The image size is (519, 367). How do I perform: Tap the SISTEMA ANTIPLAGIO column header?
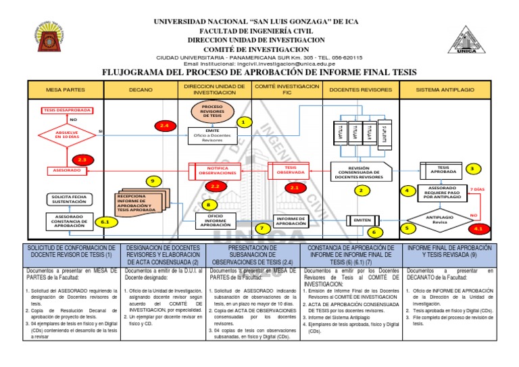(x=444, y=89)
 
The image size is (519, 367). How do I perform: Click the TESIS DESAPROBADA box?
(x=67, y=109)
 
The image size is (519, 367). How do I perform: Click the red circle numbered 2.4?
(x=163, y=126)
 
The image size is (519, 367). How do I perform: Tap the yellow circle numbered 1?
(x=244, y=122)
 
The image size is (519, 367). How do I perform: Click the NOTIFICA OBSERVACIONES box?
(x=212, y=170)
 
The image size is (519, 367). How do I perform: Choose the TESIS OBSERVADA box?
(x=291, y=170)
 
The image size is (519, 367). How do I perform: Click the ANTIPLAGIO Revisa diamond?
(x=440, y=219)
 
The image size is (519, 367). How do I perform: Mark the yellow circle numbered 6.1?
(x=105, y=222)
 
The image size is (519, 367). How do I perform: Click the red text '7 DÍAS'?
(x=478, y=189)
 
